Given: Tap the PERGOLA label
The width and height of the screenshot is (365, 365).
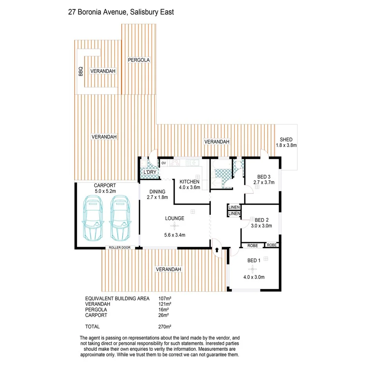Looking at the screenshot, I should pos(139,60).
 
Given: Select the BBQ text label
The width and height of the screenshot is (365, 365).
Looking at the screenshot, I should pos(81,71).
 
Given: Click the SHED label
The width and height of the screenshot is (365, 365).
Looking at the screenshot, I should pos(286,140).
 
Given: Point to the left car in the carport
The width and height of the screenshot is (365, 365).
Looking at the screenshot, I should pos(92,218).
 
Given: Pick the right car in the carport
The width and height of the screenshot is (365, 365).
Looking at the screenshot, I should pos(120,218).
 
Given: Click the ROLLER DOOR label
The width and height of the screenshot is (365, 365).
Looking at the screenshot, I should pos(121,248).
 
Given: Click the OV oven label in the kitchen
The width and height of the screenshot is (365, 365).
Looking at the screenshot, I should pos(164,163).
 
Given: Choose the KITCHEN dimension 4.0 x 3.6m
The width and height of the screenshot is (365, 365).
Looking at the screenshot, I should pos(190,187).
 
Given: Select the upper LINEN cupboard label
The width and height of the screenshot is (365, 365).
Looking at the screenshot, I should pos(234,207).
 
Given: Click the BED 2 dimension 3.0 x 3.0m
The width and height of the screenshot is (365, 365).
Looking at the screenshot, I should pos(262,226).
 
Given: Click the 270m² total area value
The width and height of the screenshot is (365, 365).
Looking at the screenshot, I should pos(164,326).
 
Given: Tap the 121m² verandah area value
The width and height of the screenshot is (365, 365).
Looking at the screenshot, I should pos(164,304).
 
